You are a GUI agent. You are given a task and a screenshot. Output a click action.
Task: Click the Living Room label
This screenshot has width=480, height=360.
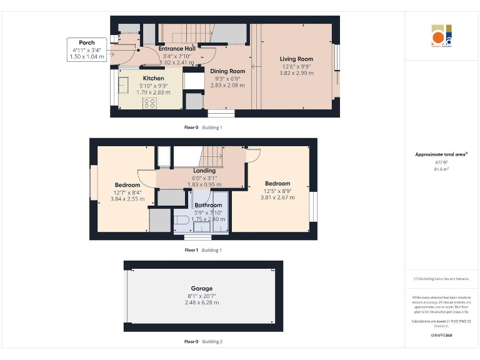click(x=296, y=59)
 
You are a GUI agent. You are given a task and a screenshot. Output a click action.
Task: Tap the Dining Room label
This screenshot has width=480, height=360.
click(x=227, y=71)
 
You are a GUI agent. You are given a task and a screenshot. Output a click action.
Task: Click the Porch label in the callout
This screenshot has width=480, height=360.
click(x=87, y=42)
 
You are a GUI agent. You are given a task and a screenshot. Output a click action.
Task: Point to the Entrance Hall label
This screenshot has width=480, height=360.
click(x=177, y=48)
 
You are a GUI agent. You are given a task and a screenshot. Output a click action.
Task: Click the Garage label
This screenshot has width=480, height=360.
click(x=202, y=288)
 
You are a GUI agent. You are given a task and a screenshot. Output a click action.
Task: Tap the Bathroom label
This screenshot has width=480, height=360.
click(x=208, y=205)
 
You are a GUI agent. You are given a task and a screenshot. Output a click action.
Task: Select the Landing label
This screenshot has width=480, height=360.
click(x=204, y=171)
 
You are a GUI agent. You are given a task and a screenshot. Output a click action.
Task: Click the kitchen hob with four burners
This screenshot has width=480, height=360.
click(x=150, y=102)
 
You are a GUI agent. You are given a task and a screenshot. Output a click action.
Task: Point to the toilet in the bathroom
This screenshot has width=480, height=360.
click(x=181, y=221)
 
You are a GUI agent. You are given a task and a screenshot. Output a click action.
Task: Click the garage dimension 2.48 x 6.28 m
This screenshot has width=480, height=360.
click(x=202, y=302)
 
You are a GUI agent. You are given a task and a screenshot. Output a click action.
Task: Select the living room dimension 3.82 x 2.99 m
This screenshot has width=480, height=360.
click(x=296, y=73)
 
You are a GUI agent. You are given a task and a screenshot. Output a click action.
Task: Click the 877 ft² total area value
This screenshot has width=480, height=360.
click(x=441, y=162)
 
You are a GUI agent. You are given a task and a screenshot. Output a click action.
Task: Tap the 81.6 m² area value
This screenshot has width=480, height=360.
click(x=441, y=169)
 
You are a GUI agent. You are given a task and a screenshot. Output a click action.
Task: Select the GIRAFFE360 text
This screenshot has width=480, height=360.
click(x=441, y=336)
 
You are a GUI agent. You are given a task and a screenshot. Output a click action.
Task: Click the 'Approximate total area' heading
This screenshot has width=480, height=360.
click(x=441, y=154)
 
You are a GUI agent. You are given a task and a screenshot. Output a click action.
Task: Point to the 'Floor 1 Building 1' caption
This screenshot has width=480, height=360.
click(x=203, y=250)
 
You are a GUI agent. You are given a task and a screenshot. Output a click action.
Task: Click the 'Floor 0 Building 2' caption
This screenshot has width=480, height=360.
click(x=203, y=342)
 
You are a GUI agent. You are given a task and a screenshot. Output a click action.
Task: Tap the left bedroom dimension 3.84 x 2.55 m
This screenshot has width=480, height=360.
click(x=127, y=199)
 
